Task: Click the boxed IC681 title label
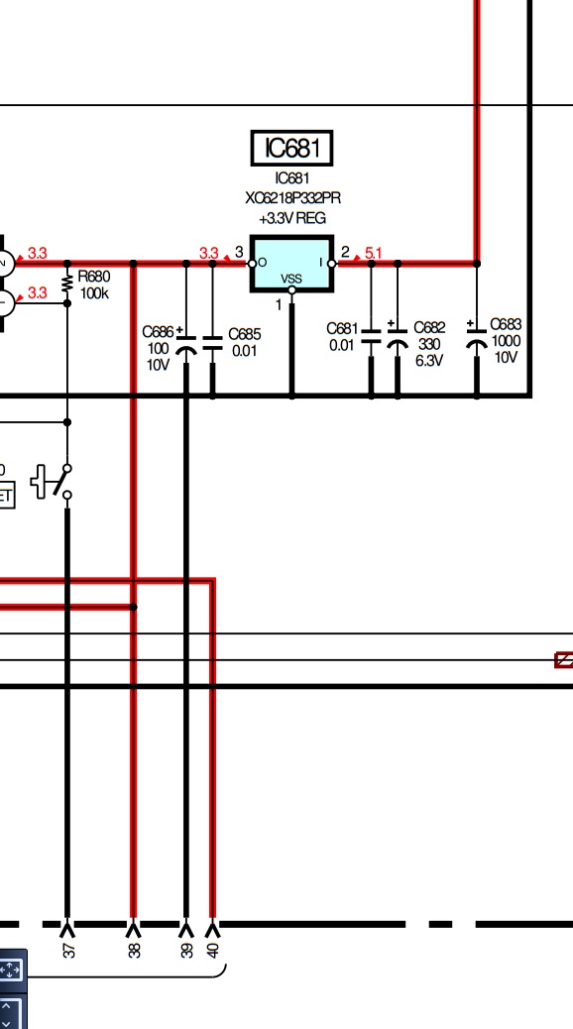click(x=292, y=148)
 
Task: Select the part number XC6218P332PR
click(x=292, y=197)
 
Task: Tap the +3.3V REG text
click(x=292, y=218)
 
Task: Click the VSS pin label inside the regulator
click(x=291, y=279)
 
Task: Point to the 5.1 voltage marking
click(x=373, y=253)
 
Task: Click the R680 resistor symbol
click(x=67, y=284)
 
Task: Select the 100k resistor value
click(x=94, y=293)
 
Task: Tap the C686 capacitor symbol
click(x=186, y=345)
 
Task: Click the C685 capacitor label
click(x=244, y=335)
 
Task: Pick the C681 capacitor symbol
click(x=371, y=337)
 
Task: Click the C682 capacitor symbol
click(x=398, y=337)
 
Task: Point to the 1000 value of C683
click(x=506, y=341)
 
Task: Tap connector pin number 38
click(x=134, y=950)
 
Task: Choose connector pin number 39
click(x=187, y=950)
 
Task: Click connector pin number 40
click(x=213, y=950)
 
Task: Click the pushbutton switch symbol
click(x=53, y=482)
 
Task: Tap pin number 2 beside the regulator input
click(x=345, y=252)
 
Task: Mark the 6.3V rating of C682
click(x=428, y=360)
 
